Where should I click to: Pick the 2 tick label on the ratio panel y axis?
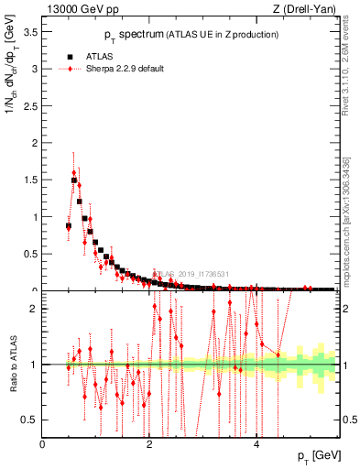(36, 309)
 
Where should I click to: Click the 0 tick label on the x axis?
(43, 443)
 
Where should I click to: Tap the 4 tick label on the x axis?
(256, 443)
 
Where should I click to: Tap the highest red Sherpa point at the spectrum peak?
(74, 172)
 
